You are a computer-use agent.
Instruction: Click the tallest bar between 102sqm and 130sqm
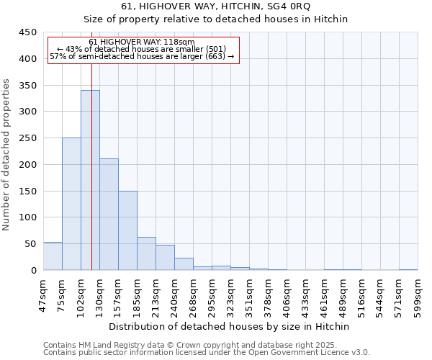pos(90,180)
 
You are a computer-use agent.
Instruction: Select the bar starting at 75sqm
pos(71,204)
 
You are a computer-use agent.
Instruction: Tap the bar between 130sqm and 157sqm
pos(109,215)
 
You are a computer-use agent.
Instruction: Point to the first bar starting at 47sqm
pos(53,256)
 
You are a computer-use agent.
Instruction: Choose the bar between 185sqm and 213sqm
pos(146,253)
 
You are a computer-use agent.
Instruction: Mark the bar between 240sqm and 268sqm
pos(184,264)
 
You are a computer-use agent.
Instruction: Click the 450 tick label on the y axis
pos(28,32)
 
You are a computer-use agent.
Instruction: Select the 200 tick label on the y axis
pos(28,165)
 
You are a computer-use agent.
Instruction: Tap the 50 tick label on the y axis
pos(31,244)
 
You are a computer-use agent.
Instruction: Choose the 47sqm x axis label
pos(43,292)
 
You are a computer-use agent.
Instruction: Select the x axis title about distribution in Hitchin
pos(229,326)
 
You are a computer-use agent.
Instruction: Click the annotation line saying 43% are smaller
pos(142,49)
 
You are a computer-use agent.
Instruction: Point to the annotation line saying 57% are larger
pos(142,56)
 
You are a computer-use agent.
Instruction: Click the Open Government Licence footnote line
pos(207,353)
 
